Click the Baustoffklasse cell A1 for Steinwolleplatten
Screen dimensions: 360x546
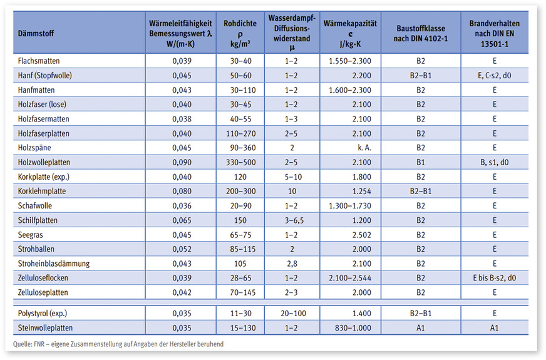click(x=421, y=326)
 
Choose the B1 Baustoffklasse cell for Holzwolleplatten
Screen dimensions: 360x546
click(x=421, y=162)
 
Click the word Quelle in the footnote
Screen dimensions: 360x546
click(x=23, y=344)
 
